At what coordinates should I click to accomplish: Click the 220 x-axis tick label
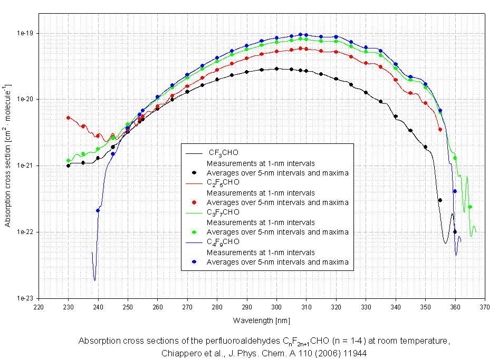tap(39, 306)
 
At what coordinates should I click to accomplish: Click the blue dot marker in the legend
tap(194, 261)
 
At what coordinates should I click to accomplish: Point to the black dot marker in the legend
tap(194, 172)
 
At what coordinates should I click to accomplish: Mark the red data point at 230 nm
tap(68, 118)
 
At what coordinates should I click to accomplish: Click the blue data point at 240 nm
tap(98, 210)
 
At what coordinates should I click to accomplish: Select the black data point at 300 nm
tap(276, 69)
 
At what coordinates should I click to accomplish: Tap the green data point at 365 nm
tap(470, 207)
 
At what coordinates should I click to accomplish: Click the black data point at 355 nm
tap(440, 200)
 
